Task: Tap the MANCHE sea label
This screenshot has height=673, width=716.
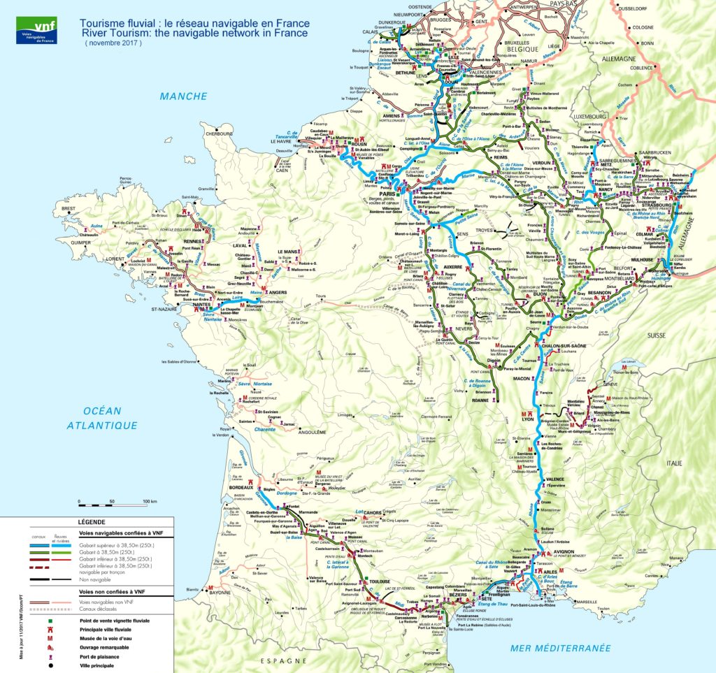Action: (182, 96)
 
